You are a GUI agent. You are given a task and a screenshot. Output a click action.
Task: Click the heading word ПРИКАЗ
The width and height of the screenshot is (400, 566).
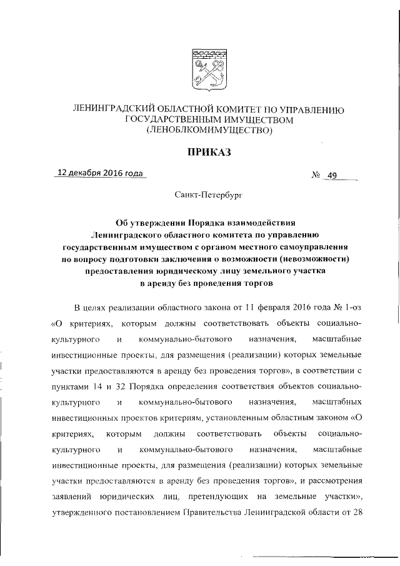click(200, 151)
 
